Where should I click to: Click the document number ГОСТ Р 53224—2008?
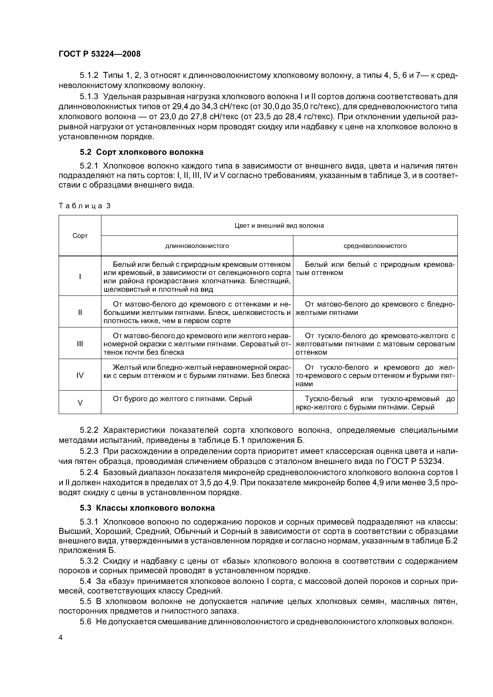pyautogui.click(x=99, y=54)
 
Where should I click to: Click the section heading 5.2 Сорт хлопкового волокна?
pyautogui.click(x=141, y=152)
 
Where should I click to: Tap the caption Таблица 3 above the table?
pyautogui.click(x=84, y=206)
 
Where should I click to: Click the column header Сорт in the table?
pyautogui.click(x=80, y=236)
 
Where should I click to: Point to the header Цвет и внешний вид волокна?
pyautogui.click(x=279, y=226)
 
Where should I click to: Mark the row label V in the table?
pyautogui.click(x=80, y=403)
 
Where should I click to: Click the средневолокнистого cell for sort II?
pyautogui.click(x=375, y=308)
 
